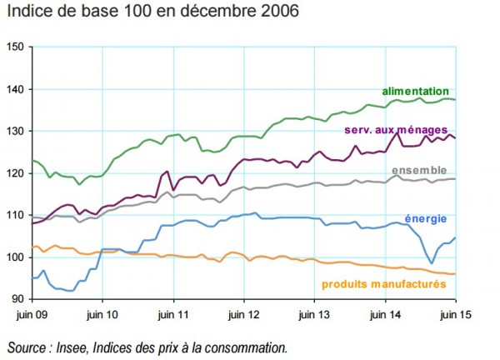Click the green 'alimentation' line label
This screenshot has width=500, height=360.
click(415, 91)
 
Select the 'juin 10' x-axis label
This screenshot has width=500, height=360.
click(102, 315)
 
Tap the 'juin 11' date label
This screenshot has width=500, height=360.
click(173, 315)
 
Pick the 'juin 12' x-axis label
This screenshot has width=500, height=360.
click(243, 315)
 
